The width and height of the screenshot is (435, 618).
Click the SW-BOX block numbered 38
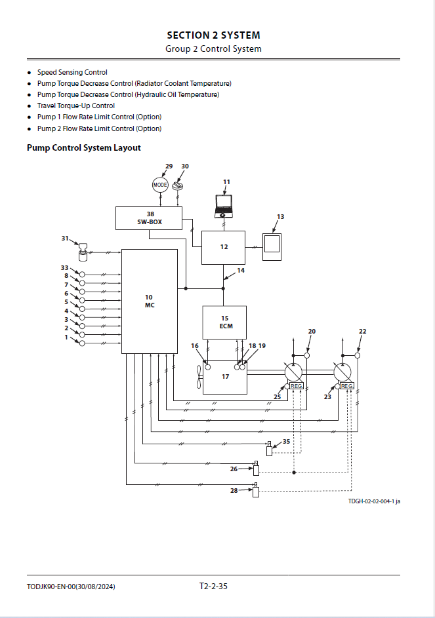149,218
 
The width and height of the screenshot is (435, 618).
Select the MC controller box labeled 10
149,301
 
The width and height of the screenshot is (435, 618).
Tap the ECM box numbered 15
224,322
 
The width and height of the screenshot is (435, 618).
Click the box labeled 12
223,248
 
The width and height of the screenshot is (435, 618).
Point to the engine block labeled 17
224,377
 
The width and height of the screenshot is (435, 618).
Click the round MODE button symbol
160,185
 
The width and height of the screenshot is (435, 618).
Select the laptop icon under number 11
224,206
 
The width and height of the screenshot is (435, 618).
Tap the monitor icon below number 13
272,246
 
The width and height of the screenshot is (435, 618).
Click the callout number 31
65,239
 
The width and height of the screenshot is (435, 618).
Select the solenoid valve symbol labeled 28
256,490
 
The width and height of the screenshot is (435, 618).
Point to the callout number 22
362,332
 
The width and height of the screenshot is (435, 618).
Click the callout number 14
241,271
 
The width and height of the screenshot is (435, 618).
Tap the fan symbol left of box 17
199,377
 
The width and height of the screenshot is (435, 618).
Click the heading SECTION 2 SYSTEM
213,35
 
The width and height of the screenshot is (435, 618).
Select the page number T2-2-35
213,586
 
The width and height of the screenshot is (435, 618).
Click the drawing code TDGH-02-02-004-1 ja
374,501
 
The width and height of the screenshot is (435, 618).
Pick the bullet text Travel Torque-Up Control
76,106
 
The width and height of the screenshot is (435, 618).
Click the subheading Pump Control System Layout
84,148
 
